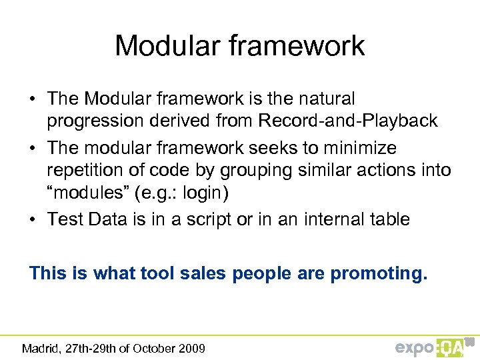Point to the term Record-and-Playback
click(x=349, y=121)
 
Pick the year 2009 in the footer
click(x=192, y=348)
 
